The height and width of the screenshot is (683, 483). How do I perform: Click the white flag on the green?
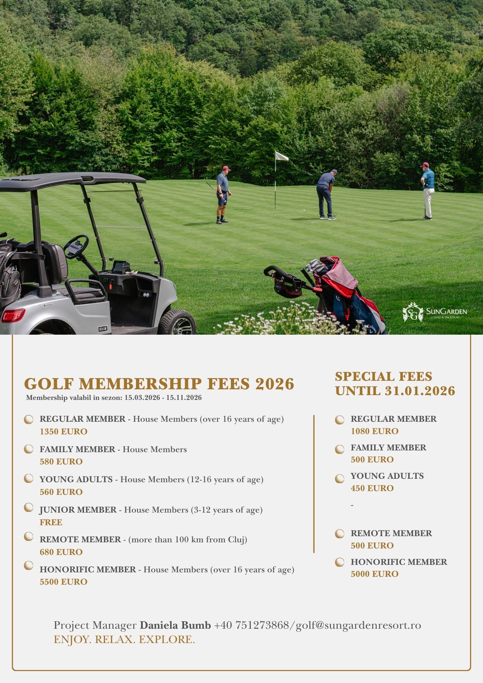(x=281, y=156)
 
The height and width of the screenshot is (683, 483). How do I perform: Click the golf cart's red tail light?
(x=13, y=315)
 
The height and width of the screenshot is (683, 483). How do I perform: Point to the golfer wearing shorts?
(x=223, y=195)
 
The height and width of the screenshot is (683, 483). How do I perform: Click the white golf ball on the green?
(x=304, y=210)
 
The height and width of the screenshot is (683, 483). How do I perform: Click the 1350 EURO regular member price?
(x=64, y=431)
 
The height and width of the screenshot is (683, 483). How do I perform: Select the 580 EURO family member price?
(x=61, y=461)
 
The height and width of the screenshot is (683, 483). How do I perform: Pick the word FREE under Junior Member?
(x=51, y=522)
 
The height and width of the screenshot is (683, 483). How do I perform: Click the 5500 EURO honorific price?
(x=64, y=582)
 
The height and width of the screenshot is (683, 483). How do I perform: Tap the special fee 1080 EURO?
(x=374, y=431)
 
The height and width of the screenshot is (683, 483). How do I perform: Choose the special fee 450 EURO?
(x=372, y=488)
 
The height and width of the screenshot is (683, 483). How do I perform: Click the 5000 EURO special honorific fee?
(x=374, y=574)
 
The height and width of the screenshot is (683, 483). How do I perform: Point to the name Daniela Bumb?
(x=175, y=625)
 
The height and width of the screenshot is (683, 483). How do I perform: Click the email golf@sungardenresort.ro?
(x=358, y=625)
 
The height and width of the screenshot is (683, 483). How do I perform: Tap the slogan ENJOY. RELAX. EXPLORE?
(x=124, y=639)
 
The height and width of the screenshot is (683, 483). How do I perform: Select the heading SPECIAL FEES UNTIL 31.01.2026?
(x=395, y=384)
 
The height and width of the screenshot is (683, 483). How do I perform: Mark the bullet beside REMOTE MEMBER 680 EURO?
(x=29, y=537)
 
